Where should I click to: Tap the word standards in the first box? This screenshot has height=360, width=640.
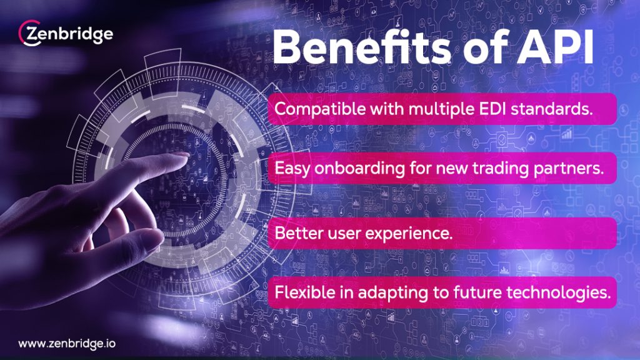(552, 109)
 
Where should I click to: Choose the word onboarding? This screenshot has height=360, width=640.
(359, 169)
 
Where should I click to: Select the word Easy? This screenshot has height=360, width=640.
(292, 169)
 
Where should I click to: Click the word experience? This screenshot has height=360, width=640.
(409, 234)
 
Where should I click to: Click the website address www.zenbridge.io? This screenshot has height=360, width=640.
(67, 344)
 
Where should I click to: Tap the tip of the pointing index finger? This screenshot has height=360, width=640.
(186, 155)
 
